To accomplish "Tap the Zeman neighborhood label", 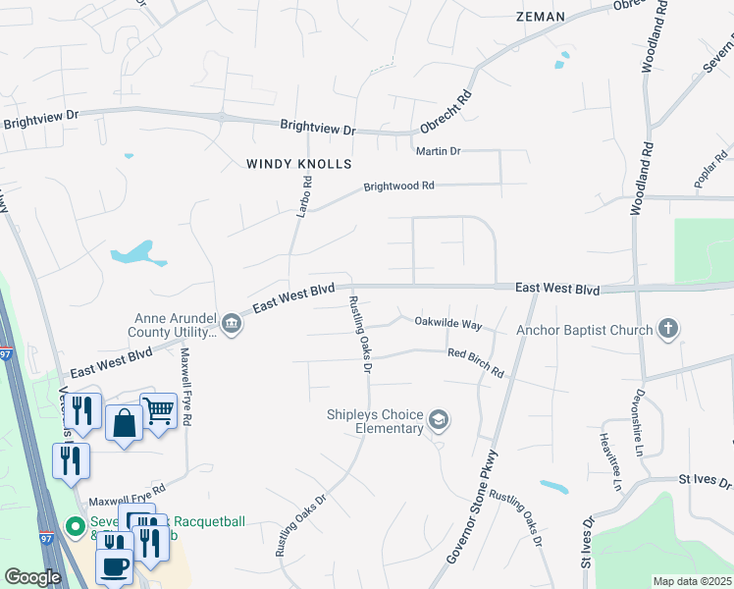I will coord(540,17).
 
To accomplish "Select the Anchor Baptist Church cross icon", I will coord(668,329).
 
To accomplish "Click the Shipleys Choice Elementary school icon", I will coord(439,421).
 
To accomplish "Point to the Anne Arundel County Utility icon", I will coord(232,324).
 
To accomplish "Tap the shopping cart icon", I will coord(158,411).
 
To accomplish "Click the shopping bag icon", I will coord(124,424).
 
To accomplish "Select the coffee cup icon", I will coord(114,566).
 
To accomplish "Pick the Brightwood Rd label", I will coord(398,186).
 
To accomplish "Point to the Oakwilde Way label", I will coord(448,323).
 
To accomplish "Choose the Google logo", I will coord(32,577).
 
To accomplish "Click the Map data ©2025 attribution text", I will coord(692,581).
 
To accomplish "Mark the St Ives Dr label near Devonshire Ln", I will coord(706,482).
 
